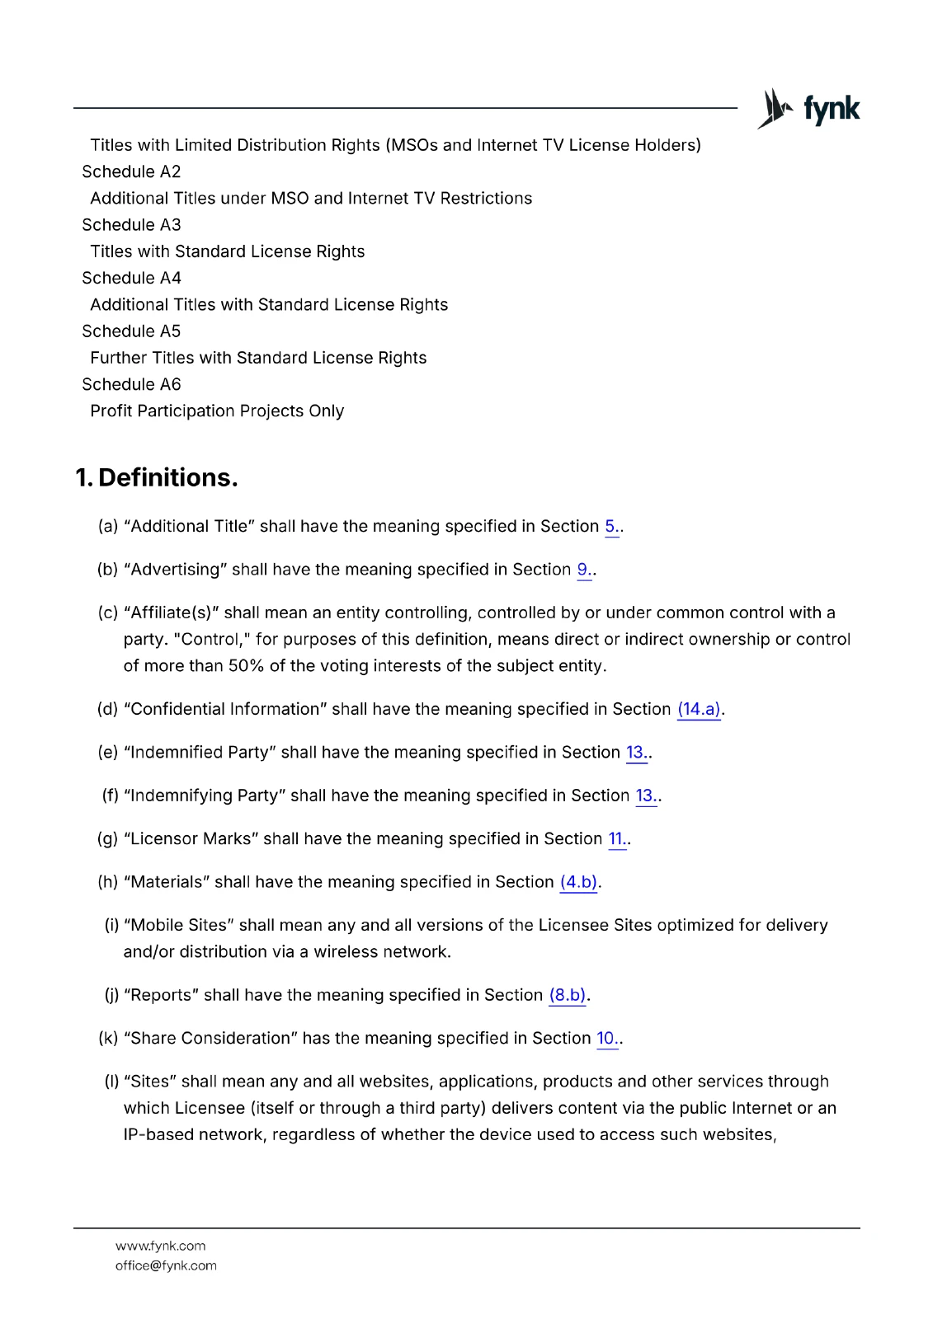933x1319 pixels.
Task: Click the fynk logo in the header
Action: pos(808,109)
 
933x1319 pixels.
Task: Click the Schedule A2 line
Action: pos(131,171)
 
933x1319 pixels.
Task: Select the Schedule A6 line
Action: pos(131,384)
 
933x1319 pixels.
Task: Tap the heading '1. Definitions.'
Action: pos(157,477)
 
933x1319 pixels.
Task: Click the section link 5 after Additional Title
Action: pos(611,526)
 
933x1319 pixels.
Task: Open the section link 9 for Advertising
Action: pos(583,570)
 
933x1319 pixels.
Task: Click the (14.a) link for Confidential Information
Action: pos(699,709)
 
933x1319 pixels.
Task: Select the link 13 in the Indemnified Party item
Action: pos(635,752)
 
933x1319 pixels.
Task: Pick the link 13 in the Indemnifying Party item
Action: pos(645,796)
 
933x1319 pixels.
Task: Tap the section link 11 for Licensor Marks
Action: pos(616,838)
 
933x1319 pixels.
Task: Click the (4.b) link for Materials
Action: pos(578,882)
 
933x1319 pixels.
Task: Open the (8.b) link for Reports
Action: pos(568,995)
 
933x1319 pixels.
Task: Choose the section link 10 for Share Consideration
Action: pos(606,1038)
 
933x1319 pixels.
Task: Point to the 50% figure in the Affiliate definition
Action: pos(245,666)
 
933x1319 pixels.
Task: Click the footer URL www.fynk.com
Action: pos(161,1246)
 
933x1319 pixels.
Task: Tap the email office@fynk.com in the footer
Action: pos(166,1265)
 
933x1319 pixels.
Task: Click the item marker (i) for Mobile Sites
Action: pos(111,925)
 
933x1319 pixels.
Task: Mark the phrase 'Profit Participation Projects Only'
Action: pos(217,411)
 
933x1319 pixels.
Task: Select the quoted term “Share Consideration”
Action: pos(210,1038)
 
